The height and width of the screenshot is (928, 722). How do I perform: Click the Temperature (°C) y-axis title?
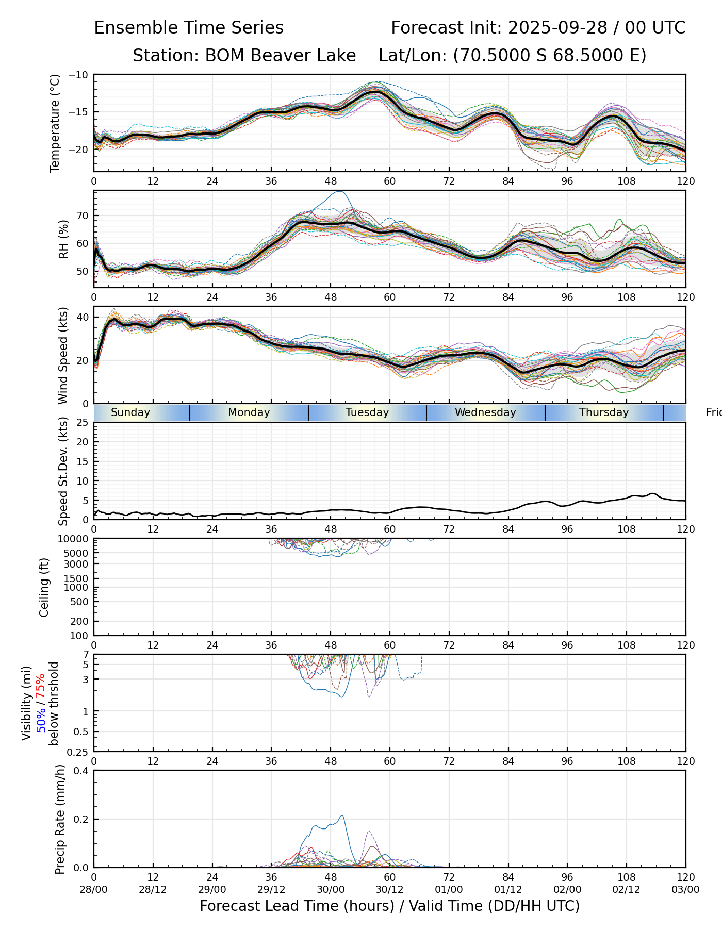pos(55,123)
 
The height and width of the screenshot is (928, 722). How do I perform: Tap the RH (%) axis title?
pos(63,239)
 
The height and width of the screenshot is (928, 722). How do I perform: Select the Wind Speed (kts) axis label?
pos(63,355)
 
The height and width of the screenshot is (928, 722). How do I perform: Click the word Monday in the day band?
pos(249,412)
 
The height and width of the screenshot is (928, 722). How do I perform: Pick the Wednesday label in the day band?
pos(485,412)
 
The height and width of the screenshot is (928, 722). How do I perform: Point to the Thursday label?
pos(604,412)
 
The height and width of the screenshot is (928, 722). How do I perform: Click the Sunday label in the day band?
pos(130,412)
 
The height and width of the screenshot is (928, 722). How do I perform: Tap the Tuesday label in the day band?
pos(367,412)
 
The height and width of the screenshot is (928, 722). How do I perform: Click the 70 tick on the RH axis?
pos(83,216)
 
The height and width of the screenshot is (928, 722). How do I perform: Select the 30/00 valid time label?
pos(331,889)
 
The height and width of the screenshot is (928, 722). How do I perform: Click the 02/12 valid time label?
pos(627,889)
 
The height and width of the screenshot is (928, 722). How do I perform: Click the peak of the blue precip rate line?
pos(342,815)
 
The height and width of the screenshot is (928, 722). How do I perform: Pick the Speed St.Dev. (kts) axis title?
pos(63,471)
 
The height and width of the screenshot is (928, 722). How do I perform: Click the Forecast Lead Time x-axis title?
pos(389,906)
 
